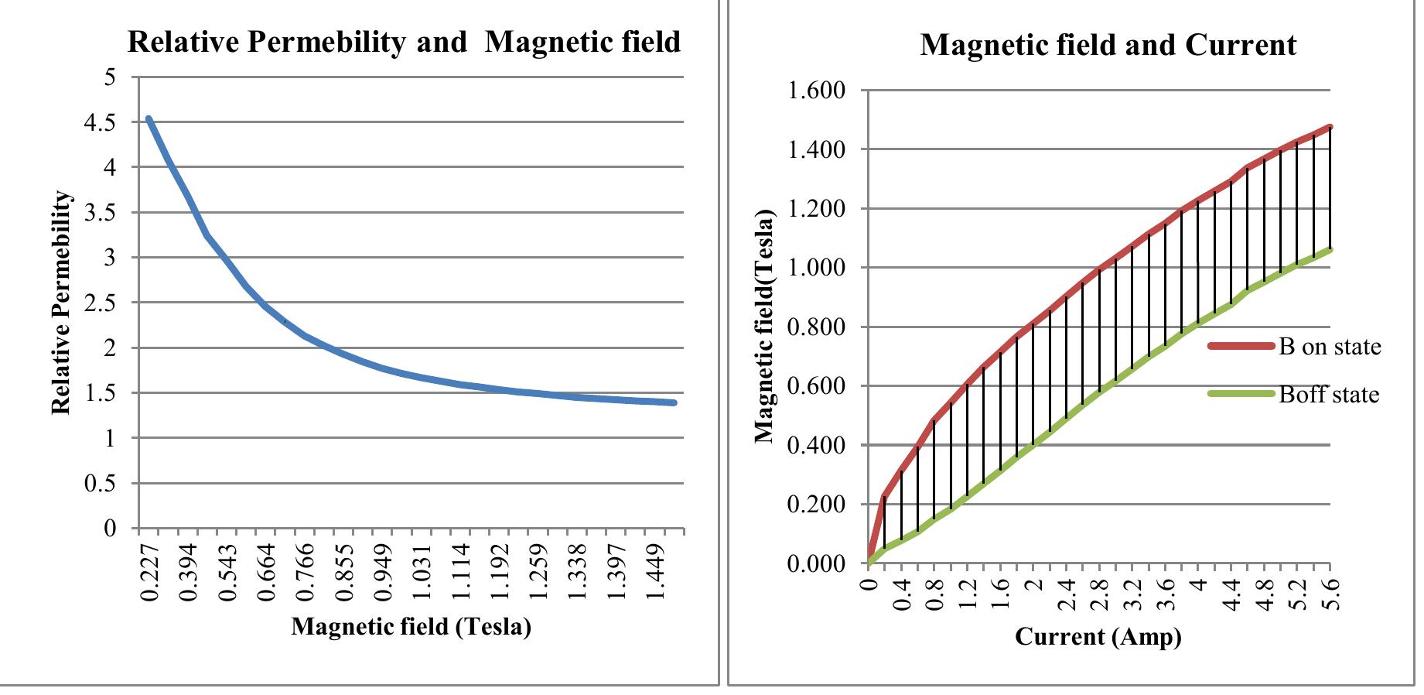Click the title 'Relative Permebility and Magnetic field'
[404, 42]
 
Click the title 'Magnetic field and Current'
[1108, 45]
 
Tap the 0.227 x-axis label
[150, 572]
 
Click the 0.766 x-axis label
[306, 572]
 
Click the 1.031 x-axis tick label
[423, 572]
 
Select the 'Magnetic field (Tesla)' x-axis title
[411, 625]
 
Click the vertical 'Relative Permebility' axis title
[61, 303]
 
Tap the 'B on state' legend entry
[1329, 346]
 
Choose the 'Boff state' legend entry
[1328, 395]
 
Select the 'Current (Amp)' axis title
[1098, 636]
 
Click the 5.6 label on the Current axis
[1332, 594]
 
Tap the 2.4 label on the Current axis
[1067, 594]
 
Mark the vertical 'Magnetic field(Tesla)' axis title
[764, 325]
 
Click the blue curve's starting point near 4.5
[149, 119]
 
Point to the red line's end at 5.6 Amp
[1330, 127]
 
